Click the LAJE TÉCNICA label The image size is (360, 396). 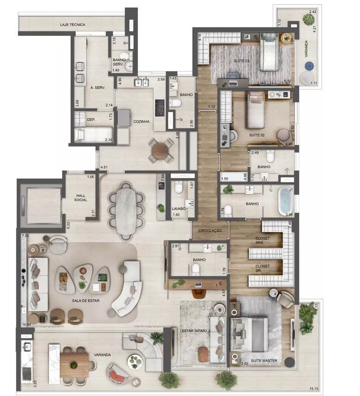coord(72,25)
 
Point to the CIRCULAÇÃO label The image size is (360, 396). coord(210,230)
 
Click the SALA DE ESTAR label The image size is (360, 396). coord(85,301)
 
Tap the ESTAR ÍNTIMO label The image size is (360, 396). coord(194,330)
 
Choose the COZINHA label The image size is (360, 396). coord(141,122)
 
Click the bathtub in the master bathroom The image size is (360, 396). coord(285,200)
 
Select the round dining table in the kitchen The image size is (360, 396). coord(161,150)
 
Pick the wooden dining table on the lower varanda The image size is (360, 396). coord(74,360)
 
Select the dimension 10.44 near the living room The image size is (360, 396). coord(27,324)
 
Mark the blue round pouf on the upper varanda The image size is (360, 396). coord(309,66)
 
